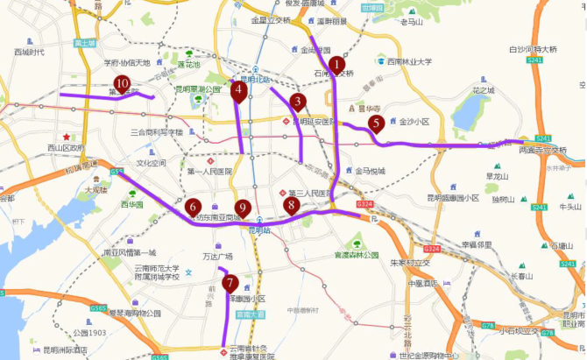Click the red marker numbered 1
(336, 65)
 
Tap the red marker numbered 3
(298, 102)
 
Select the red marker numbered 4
(238, 89)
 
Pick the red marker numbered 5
(376, 124)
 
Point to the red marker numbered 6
(193, 208)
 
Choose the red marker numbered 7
(230, 284)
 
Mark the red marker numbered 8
(291, 206)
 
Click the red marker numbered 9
(243, 209)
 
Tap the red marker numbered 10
(122, 84)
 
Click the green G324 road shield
(365, 205)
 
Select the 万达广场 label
(218, 258)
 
